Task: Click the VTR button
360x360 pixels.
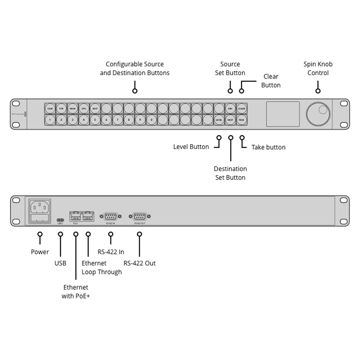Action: [x=61, y=108]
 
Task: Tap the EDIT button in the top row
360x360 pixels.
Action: [x=95, y=108]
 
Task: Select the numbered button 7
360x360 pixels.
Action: [x=117, y=120]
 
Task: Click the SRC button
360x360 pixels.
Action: [x=230, y=108]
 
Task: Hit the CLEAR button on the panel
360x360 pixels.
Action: [x=242, y=108]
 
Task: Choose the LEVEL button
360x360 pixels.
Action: [x=219, y=120]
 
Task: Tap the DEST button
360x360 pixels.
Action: [x=230, y=120]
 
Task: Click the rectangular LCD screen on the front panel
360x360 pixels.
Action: [x=283, y=114]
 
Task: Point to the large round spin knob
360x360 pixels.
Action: [x=318, y=114]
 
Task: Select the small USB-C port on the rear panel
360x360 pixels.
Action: [x=60, y=220]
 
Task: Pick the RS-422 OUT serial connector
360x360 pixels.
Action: [x=139, y=216]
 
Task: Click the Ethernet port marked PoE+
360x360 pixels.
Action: [x=76, y=216]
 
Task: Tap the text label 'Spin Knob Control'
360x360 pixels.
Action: [x=318, y=68]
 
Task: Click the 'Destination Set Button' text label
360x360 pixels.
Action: [x=230, y=173]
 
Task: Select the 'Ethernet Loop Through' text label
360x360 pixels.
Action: [x=102, y=267]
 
